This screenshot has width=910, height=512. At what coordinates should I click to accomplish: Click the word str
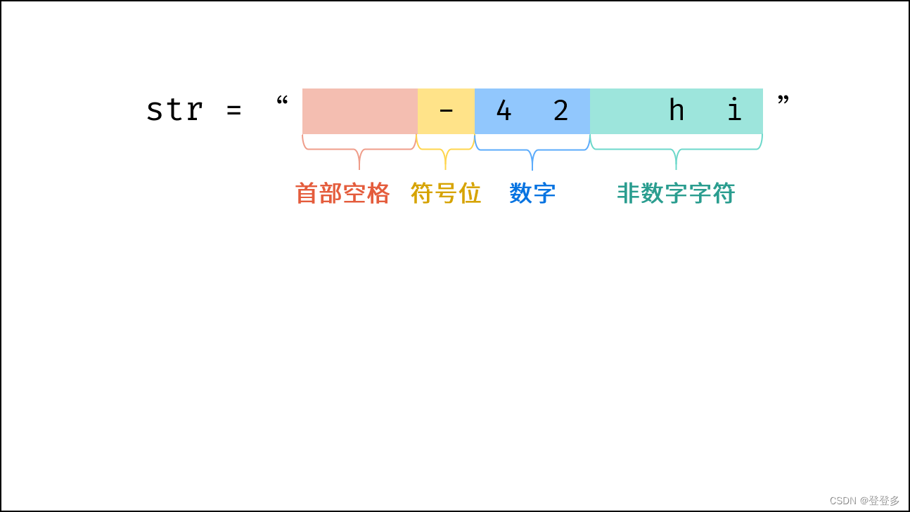click(174, 110)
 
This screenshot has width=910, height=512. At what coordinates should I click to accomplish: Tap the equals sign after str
click(234, 110)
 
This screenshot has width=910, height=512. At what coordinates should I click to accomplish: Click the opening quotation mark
click(282, 101)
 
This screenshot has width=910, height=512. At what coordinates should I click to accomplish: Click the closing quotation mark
click(783, 101)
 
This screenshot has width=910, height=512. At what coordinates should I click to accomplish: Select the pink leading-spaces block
click(359, 111)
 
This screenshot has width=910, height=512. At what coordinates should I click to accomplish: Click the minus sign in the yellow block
click(446, 110)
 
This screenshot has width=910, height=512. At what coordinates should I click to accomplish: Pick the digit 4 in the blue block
click(504, 110)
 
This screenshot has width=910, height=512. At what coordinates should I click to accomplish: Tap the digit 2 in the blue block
click(560, 110)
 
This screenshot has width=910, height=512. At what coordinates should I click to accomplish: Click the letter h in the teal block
click(676, 110)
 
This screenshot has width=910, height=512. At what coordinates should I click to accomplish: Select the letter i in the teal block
click(734, 110)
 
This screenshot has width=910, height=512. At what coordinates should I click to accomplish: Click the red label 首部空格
click(342, 193)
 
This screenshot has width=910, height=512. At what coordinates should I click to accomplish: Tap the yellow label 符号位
click(446, 193)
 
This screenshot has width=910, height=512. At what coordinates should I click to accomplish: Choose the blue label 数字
click(532, 193)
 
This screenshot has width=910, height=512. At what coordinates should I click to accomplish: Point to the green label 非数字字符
click(676, 193)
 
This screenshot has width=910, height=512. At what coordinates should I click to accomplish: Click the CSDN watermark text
click(864, 500)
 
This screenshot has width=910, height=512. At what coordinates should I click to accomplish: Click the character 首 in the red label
click(307, 193)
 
